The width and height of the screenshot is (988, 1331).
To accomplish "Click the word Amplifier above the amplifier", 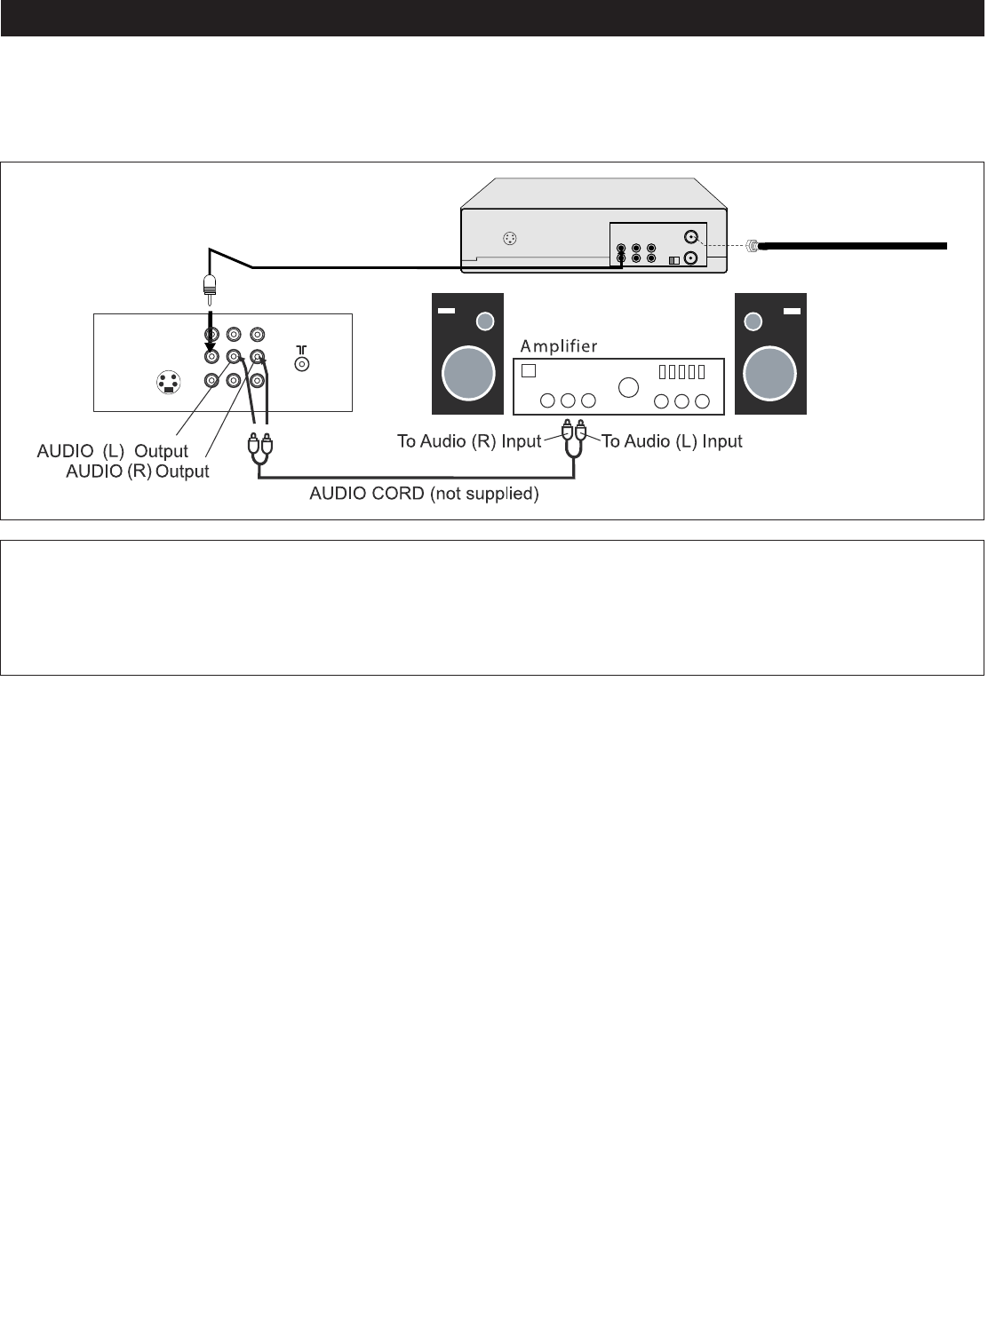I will (x=559, y=346).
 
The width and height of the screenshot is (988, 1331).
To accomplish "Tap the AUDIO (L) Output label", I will (x=112, y=451).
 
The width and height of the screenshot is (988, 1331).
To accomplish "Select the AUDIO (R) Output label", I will (x=137, y=471).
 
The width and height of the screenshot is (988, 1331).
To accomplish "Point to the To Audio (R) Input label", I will (x=469, y=441).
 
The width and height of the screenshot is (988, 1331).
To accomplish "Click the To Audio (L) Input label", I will (x=672, y=441).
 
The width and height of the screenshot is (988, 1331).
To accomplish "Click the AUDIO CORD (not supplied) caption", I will (x=424, y=494).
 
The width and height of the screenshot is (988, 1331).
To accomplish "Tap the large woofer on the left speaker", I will (x=468, y=371).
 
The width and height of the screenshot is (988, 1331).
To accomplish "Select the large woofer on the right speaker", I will (x=770, y=371).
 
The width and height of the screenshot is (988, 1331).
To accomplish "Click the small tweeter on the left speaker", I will (x=485, y=321).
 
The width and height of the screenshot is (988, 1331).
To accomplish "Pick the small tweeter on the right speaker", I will (x=753, y=321).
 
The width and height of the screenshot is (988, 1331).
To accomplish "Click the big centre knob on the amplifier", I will (x=628, y=387).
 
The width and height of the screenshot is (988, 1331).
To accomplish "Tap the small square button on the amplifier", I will (x=528, y=370).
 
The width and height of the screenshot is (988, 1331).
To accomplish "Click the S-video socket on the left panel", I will (x=168, y=383).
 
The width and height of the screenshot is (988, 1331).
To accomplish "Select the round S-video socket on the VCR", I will (x=509, y=239).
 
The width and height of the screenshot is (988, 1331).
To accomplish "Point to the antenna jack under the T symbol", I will (x=302, y=363).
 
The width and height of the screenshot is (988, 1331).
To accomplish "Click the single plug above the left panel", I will (x=210, y=285).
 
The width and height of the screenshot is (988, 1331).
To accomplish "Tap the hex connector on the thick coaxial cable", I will (x=753, y=246).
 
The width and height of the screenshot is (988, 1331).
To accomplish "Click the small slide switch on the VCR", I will (x=673, y=259).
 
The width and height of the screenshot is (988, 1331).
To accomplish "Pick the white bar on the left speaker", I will (x=446, y=311).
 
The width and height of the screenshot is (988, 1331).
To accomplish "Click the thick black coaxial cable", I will (x=853, y=246).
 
